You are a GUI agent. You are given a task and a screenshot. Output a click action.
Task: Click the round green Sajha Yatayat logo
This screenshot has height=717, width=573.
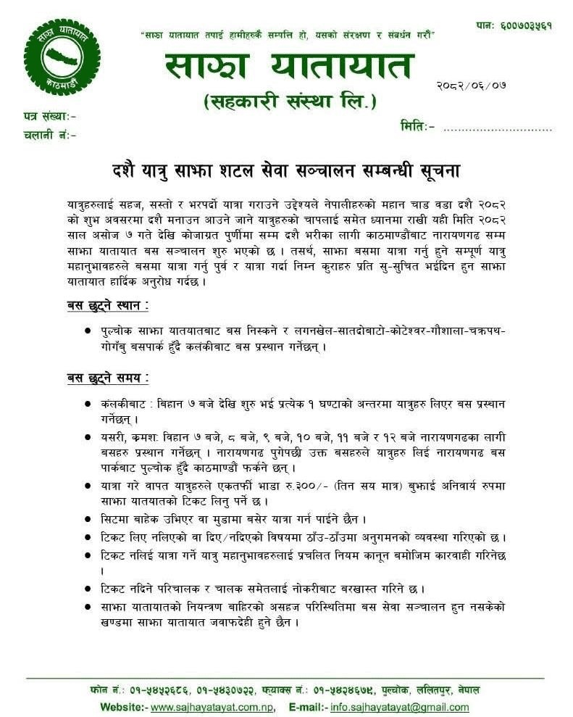pos(62,57)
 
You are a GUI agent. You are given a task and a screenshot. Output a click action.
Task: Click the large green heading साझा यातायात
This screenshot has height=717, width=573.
pos(288,67)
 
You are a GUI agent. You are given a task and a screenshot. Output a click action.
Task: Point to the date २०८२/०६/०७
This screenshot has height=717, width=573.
pos(471,85)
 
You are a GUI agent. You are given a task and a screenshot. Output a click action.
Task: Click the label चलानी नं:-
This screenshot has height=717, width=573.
pos(49,134)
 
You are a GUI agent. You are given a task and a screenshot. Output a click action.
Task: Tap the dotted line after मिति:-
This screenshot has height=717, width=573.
pos(497,128)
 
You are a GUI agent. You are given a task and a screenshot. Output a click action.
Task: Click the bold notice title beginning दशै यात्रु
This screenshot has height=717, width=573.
pos(285,171)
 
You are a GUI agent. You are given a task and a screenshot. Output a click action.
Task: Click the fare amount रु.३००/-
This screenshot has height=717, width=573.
pos(272,482)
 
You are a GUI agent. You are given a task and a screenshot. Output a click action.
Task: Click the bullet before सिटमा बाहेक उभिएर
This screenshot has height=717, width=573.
pos(88,519)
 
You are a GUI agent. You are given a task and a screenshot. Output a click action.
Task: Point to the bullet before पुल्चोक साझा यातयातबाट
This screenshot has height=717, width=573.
pos(88,330)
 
